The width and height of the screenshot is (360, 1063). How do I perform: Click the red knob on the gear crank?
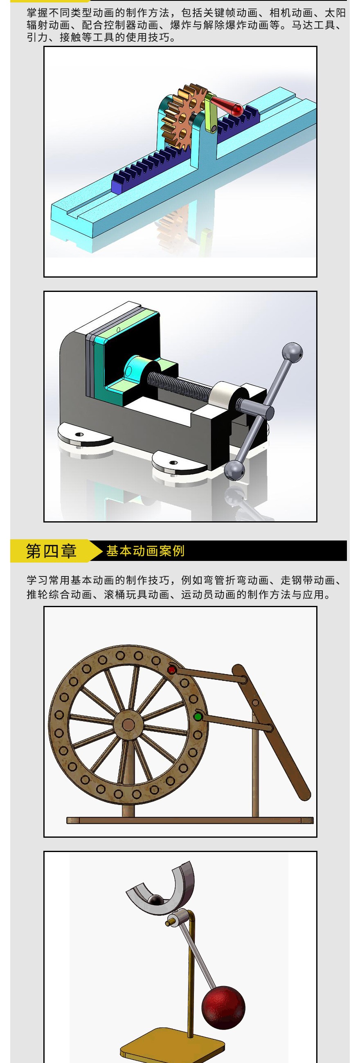(x=237, y=109)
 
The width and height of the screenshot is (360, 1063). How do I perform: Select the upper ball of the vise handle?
(x=292, y=352)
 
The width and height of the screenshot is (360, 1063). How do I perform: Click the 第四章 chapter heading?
(x=51, y=551)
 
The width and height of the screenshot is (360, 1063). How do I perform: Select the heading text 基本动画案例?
(x=145, y=551)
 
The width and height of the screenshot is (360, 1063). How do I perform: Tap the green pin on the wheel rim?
(x=198, y=717)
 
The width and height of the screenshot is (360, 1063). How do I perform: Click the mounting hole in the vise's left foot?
(x=79, y=435)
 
